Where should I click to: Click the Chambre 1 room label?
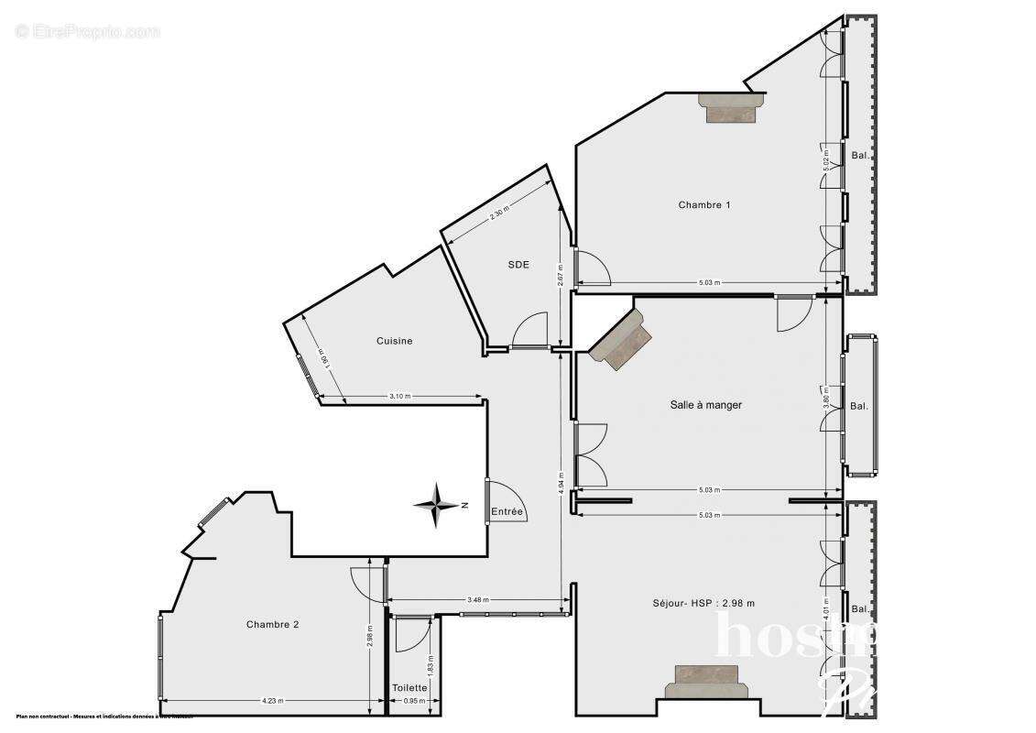703,204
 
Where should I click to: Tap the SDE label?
518,265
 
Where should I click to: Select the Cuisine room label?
394,341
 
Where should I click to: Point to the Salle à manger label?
705,404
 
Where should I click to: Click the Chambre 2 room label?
272,624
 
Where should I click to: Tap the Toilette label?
409,687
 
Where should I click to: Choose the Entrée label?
507,511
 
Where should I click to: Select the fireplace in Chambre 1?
730,107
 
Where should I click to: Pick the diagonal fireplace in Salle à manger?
620,340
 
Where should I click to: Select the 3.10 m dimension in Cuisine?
400,396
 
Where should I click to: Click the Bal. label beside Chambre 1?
860,155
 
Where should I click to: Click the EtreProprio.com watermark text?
87,32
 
